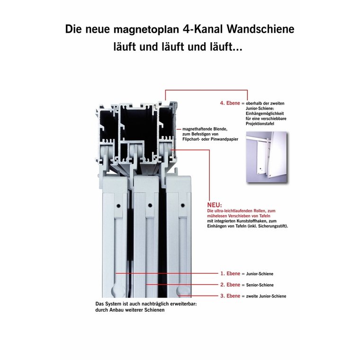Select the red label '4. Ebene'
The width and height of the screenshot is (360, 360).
pyautogui.click(x=230, y=103)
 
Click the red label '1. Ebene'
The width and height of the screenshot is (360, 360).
pyautogui.click(x=230, y=273)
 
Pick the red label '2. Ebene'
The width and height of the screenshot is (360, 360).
pyautogui.click(x=230, y=285)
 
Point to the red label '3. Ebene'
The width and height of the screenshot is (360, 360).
pyautogui.click(x=230, y=296)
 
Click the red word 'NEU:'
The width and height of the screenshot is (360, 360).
pyautogui.click(x=215, y=205)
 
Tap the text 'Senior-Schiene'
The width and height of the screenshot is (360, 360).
pyautogui.click(x=260, y=285)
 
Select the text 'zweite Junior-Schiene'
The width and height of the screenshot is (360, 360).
pyautogui.click(x=266, y=296)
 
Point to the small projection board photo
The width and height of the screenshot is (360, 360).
pyautogui.click(x=267, y=157)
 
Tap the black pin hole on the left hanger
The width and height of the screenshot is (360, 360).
pyautogui.click(x=118, y=206)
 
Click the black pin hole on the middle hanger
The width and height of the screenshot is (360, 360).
pyautogui.click(x=150, y=206)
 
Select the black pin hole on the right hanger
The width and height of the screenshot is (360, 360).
pyautogui.click(x=183, y=205)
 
